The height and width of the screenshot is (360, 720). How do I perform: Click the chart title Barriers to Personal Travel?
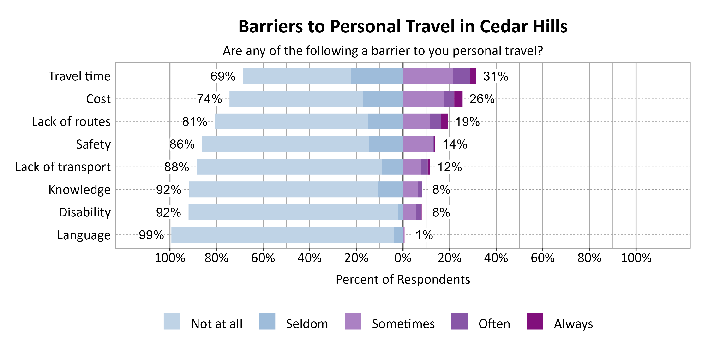pos(402,27)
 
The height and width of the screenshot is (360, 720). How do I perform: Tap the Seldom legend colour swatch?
pos(267,321)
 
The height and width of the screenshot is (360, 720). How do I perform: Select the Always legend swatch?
pos(535,321)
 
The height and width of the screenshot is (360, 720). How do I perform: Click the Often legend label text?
pos(494,324)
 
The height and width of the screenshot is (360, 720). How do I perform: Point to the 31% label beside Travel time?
pos(496,76)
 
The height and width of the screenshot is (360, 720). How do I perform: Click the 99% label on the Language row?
pos(151,235)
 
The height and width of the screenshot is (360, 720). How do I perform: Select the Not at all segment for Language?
pos(282,235)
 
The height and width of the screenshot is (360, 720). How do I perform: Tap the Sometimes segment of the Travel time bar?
pos(428,76)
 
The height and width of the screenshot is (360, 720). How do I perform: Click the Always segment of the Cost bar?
pos(458,99)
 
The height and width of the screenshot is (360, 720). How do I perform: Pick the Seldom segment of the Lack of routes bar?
pos(385,121)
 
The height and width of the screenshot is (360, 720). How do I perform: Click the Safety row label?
pos(93,144)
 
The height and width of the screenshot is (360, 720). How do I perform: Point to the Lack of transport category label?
pos(63,167)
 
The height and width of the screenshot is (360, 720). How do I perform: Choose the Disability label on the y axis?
pos(85,212)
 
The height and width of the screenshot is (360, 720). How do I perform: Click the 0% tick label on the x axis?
pos(403,258)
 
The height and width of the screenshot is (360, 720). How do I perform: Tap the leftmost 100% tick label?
pos(170,258)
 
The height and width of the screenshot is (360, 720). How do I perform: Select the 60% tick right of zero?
pos(542,258)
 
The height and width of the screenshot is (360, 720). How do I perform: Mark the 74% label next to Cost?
pos(209,99)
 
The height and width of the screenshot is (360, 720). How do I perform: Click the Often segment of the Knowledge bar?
pos(420,190)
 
